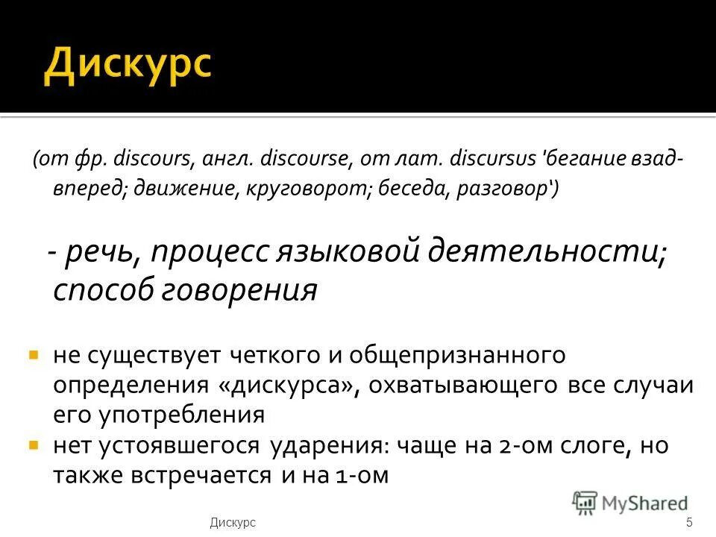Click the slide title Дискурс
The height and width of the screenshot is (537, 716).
pyautogui.click(x=127, y=66)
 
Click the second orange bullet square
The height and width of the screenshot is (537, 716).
pyautogui.click(x=34, y=445)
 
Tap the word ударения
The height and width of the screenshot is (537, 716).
pyautogui.click(x=325, y=446)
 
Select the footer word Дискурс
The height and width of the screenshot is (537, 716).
pyautogui.click(x=233, y=523)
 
